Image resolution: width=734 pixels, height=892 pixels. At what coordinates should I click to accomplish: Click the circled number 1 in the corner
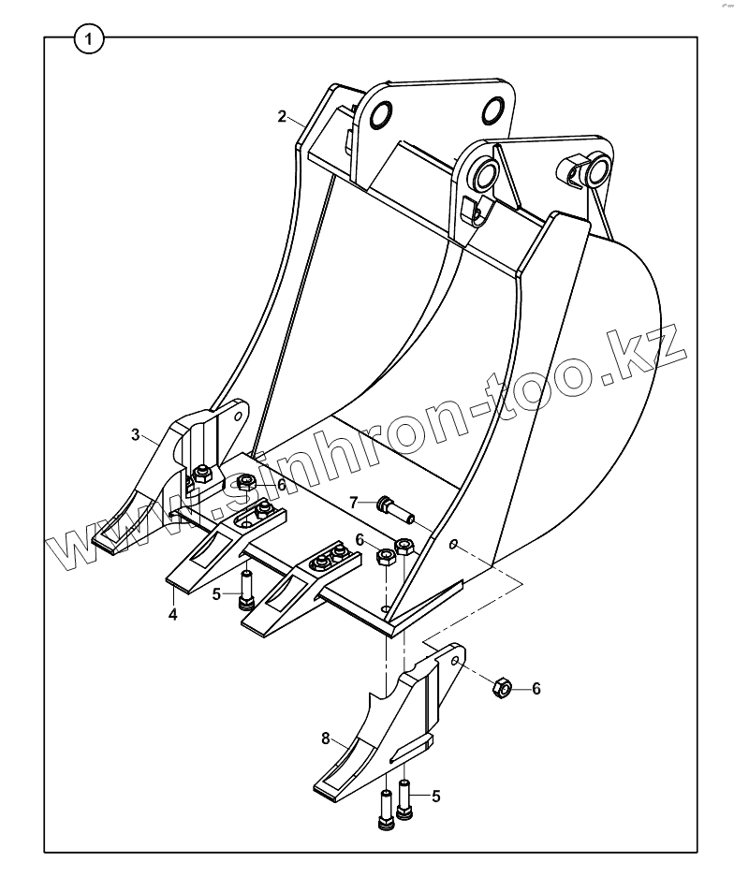click(x=90, y=39)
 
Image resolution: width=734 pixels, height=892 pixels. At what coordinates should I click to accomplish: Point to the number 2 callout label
click(x=281, y=117)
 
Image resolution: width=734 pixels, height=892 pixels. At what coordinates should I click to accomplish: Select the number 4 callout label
click(x=173, y=614)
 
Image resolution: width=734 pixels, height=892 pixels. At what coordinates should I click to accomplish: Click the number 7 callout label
click(x=354, y=503)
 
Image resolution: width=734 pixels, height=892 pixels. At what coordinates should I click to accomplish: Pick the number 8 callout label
click(x=326, y=738)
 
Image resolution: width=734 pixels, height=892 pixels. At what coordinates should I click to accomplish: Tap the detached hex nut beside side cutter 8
click(x=501, y=690)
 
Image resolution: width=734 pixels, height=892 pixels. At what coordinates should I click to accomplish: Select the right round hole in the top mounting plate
click(x=493, y=112)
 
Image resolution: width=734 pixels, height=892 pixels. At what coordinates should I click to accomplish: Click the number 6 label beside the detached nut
click(x=536, y=689)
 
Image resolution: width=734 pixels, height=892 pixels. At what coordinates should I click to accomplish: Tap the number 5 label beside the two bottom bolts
click(x=436, y=796)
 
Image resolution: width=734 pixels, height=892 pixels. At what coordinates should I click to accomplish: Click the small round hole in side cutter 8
click(x=455, y=661)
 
